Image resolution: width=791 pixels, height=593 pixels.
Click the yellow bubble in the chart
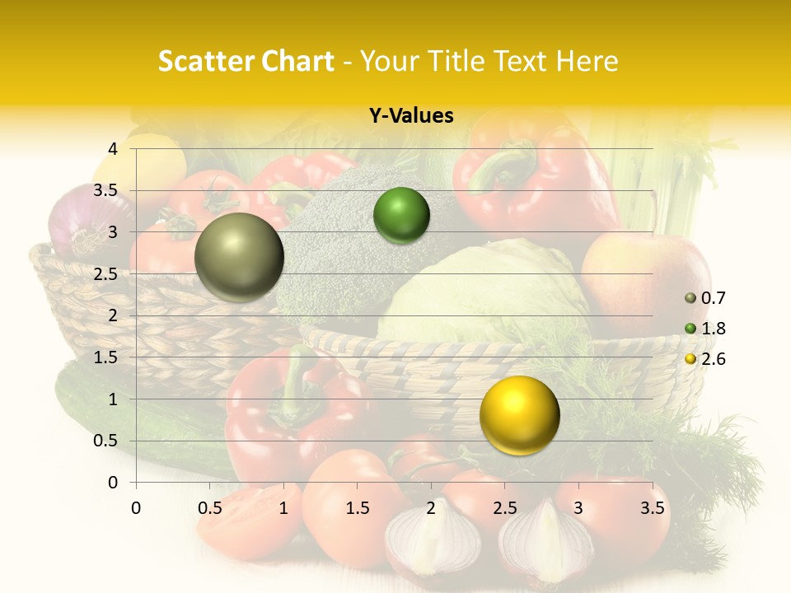coord(519,415)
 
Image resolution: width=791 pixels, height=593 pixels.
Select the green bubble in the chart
coord(401,215)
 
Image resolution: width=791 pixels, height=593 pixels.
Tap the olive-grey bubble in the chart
coord(239,257)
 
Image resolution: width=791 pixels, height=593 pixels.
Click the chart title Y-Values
coord(410,116)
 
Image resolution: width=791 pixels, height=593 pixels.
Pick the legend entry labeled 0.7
coord(705,298)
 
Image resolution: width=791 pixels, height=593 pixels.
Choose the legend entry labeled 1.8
coord(705,329)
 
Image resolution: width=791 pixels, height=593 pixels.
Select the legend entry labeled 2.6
coord(705,359)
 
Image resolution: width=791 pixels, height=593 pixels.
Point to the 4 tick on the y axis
coord(113,149)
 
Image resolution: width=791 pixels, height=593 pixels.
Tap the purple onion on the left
coord(82,218)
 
